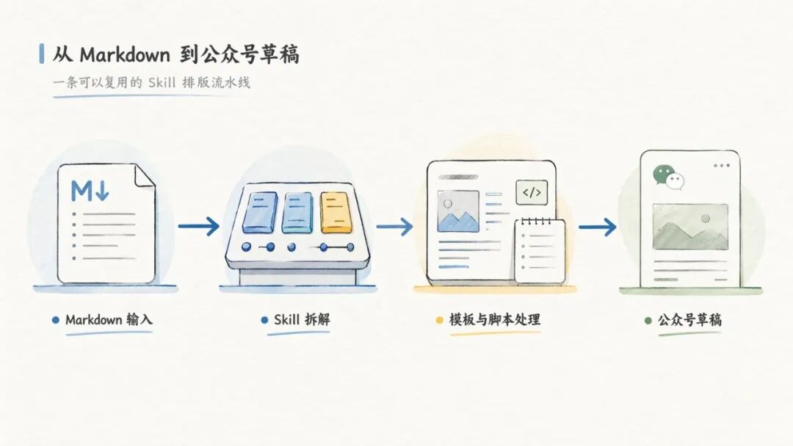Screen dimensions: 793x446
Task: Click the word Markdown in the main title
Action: click(124, 54)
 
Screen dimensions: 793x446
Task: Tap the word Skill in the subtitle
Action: click(162, 82)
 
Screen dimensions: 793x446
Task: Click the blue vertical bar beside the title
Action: click(41, 54)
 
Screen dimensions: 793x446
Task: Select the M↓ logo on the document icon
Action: click(90, 191)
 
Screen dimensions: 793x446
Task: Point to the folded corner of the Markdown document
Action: click(145, 175)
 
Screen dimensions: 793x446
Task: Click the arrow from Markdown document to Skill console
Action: click(198, 226)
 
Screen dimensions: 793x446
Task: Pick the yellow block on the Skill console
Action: click(336, 213)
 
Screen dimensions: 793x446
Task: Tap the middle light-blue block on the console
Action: click(297, 213)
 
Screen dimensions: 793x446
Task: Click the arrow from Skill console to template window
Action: click(394, 226)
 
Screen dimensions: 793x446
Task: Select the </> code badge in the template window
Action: click(532, 192)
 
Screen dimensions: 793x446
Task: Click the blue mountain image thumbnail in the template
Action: click(458, 211)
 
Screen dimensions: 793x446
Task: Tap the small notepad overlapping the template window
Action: click(540, 251)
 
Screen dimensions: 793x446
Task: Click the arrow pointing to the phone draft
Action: click(597, 227)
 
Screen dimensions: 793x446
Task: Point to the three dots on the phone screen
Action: click(722, 165)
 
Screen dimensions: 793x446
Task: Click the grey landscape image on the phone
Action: click(690, 227)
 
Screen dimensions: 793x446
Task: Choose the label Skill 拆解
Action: click(302, 320)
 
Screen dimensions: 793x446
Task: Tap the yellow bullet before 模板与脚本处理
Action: click(439, 320)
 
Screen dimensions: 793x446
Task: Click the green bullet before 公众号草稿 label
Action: click(648, 321)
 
